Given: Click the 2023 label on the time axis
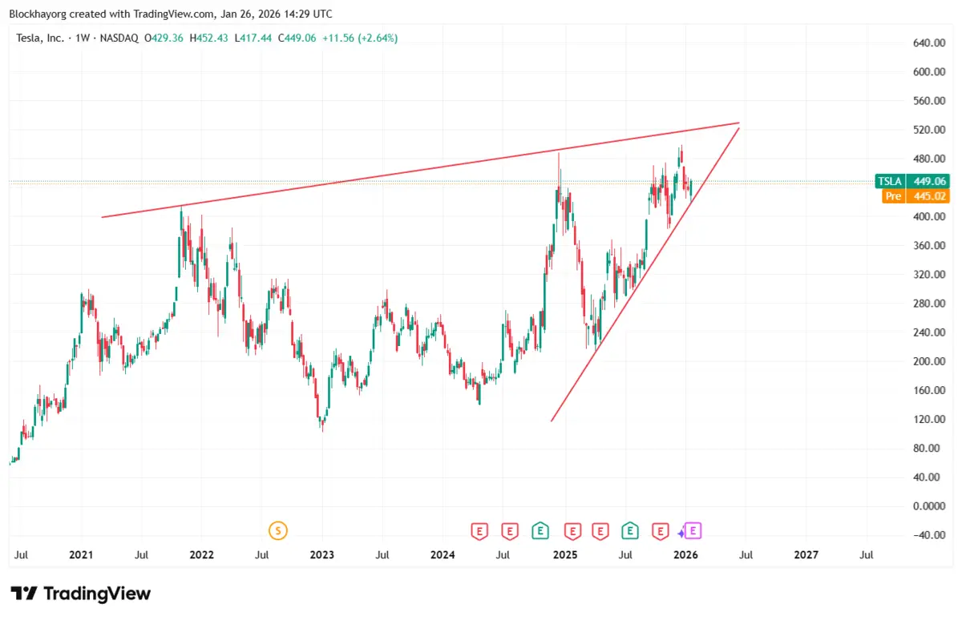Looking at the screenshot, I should pos(321,554).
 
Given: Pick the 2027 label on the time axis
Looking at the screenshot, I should pos(806,554).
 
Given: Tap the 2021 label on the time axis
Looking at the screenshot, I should pos(80,554).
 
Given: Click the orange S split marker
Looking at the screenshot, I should pos(278,530).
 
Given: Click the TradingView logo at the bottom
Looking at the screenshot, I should pos(80,594).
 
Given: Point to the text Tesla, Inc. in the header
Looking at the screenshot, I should pos(40,38).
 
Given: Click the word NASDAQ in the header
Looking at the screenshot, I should pos(119,38).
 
